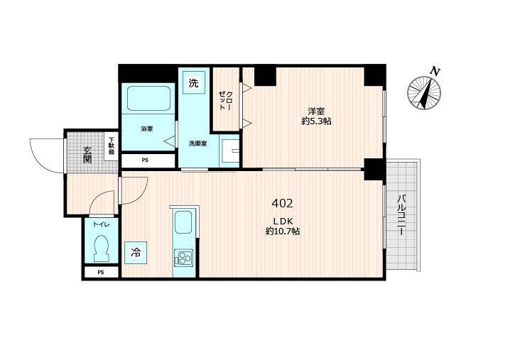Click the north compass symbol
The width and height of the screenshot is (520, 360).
(x=424, y=92)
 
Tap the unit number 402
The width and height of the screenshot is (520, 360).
(x=281, y=203)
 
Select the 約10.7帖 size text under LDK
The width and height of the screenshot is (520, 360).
(x=282, y=231)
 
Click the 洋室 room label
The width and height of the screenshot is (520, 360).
(x=316, y=111)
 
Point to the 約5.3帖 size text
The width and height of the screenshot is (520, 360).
(x=316, y=121)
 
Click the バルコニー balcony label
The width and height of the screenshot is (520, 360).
(x=401, y=217)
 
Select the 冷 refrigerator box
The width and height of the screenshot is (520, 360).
(x=136, y=251)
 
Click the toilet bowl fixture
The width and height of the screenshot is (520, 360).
(x=100, y=249)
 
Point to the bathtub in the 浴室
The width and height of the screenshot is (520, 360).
(x=148, y=99)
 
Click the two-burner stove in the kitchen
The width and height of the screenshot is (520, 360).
(x=183, y=258)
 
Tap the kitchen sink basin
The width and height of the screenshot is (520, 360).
(x=183, y=222)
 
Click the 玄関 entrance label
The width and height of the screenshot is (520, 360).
(x=87, y=154)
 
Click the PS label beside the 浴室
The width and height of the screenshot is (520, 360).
(x=145, y=160)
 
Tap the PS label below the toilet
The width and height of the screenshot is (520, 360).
(x=101, y=272)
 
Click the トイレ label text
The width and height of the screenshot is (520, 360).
(x=100, y=224)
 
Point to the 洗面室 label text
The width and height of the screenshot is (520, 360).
(x=197, y=143)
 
